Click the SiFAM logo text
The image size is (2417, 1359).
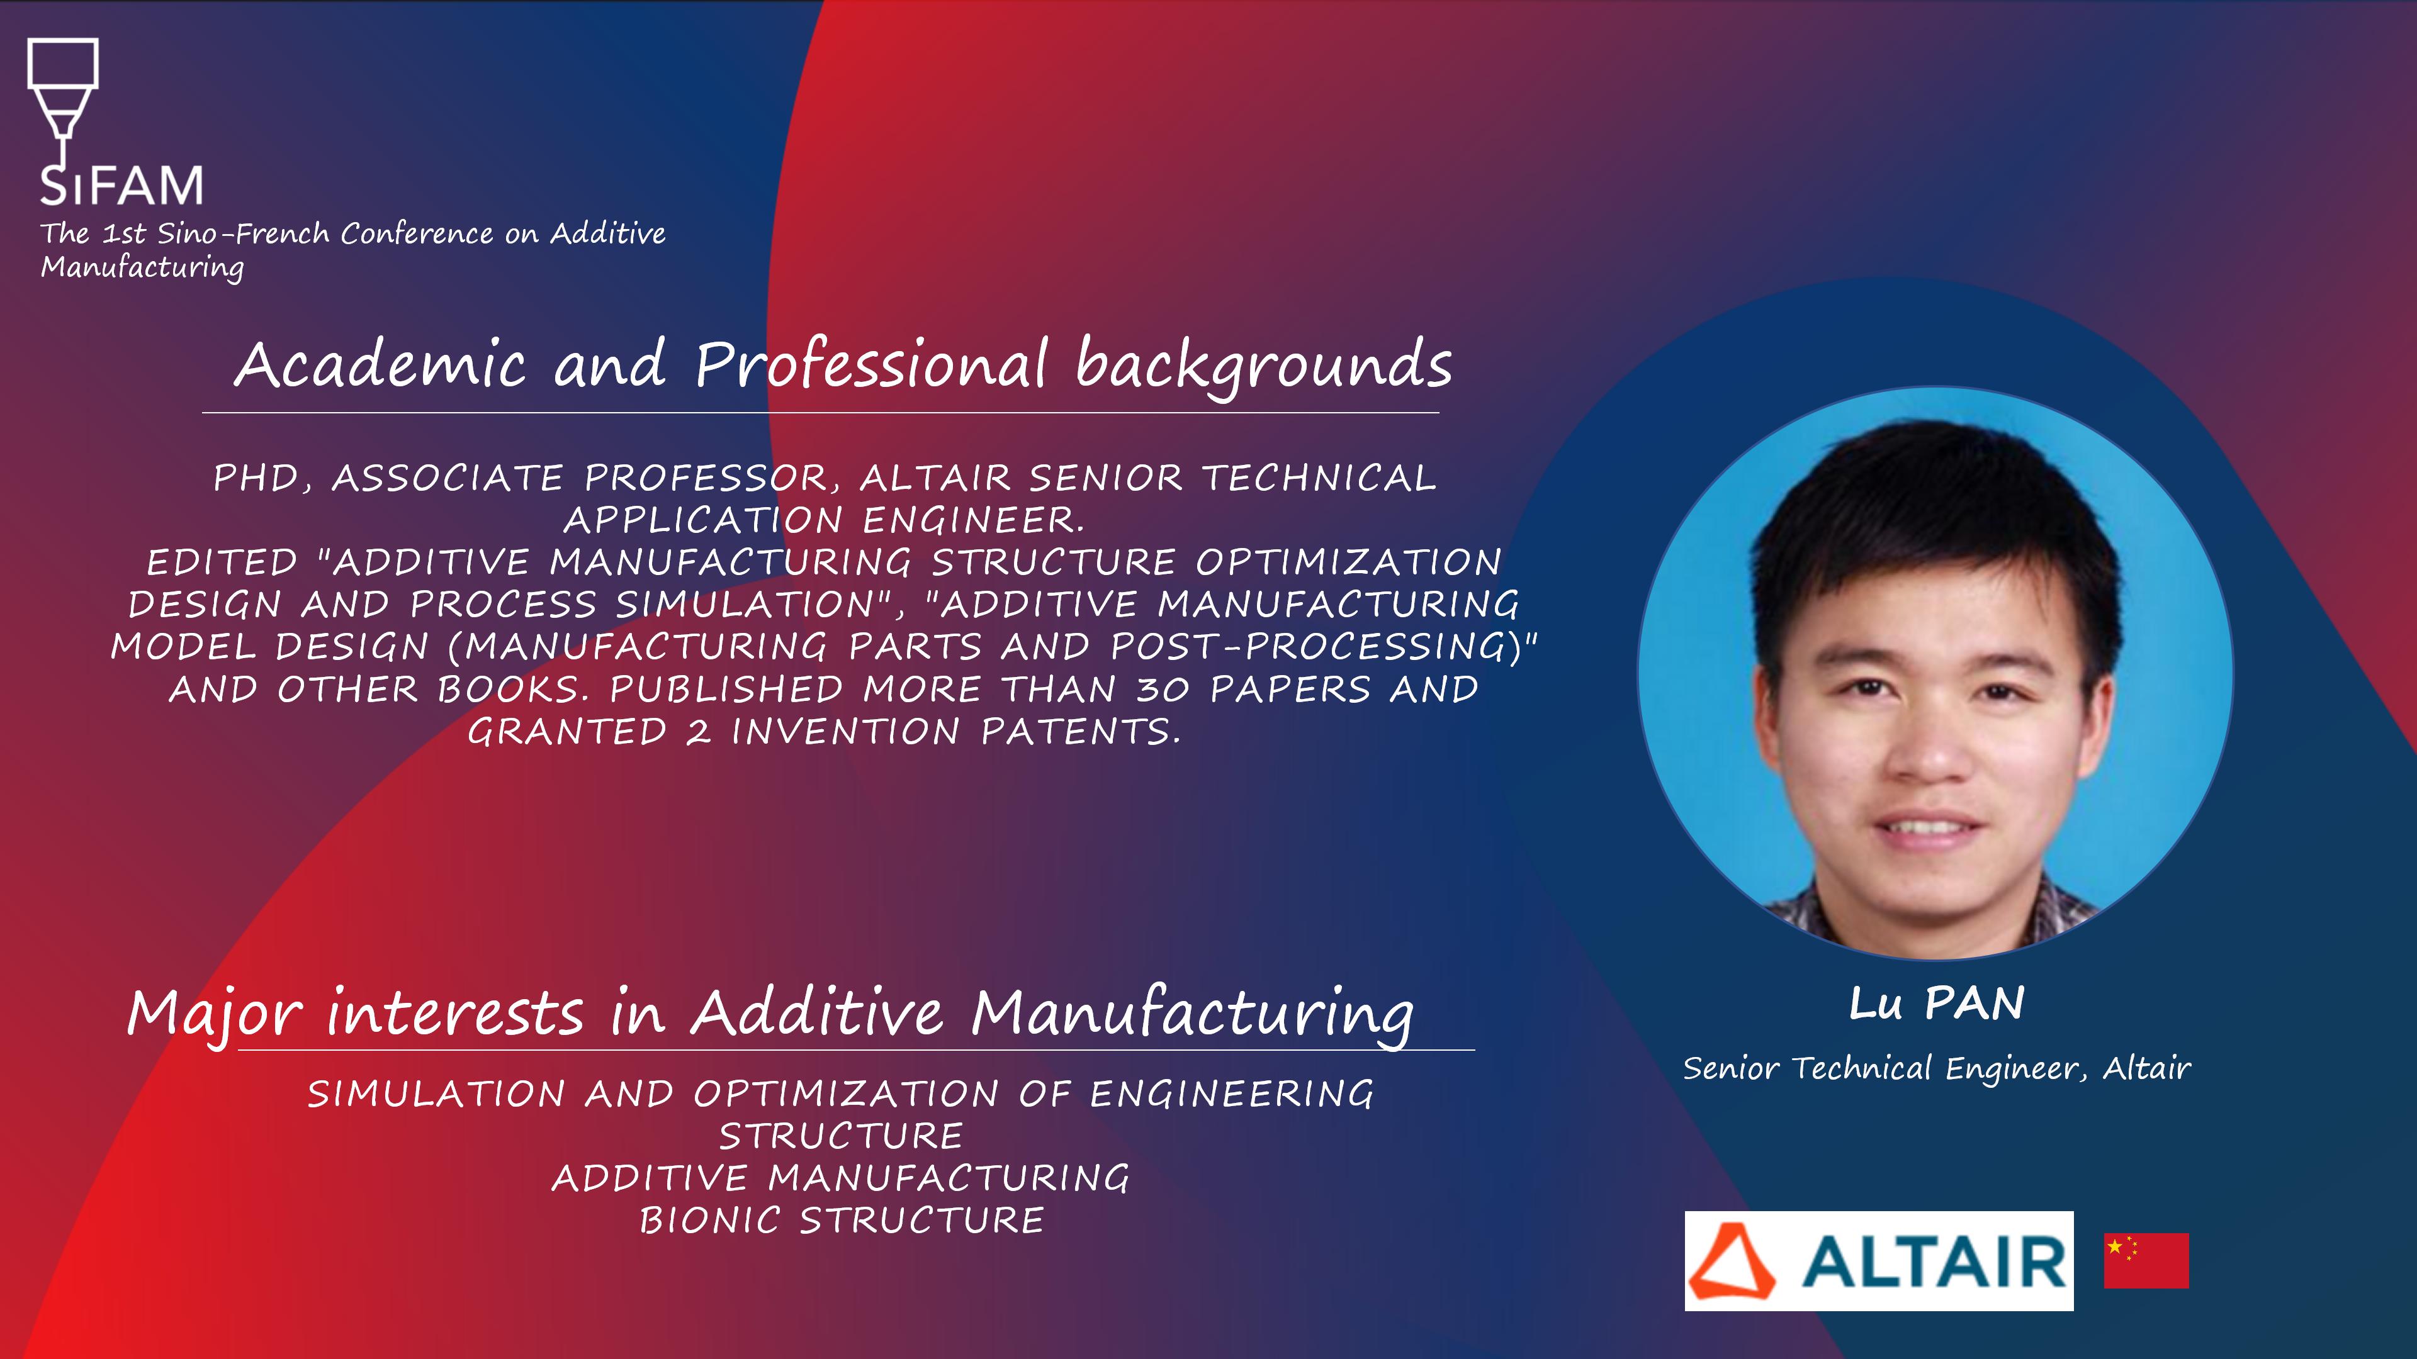pyautogui.click(x=121, y=185)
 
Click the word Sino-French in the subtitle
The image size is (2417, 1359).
pyautogui.click(x=243, y=233)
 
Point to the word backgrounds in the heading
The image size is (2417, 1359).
pyautogui.click(x=1264, y=366)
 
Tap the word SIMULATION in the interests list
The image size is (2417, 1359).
pyautogui.click(x=436, y=1093)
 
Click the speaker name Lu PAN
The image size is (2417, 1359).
pyautogui.click(x=1937, y=1004)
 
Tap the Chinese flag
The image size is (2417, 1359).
pyautogui.click(x=2146, y=1260)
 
